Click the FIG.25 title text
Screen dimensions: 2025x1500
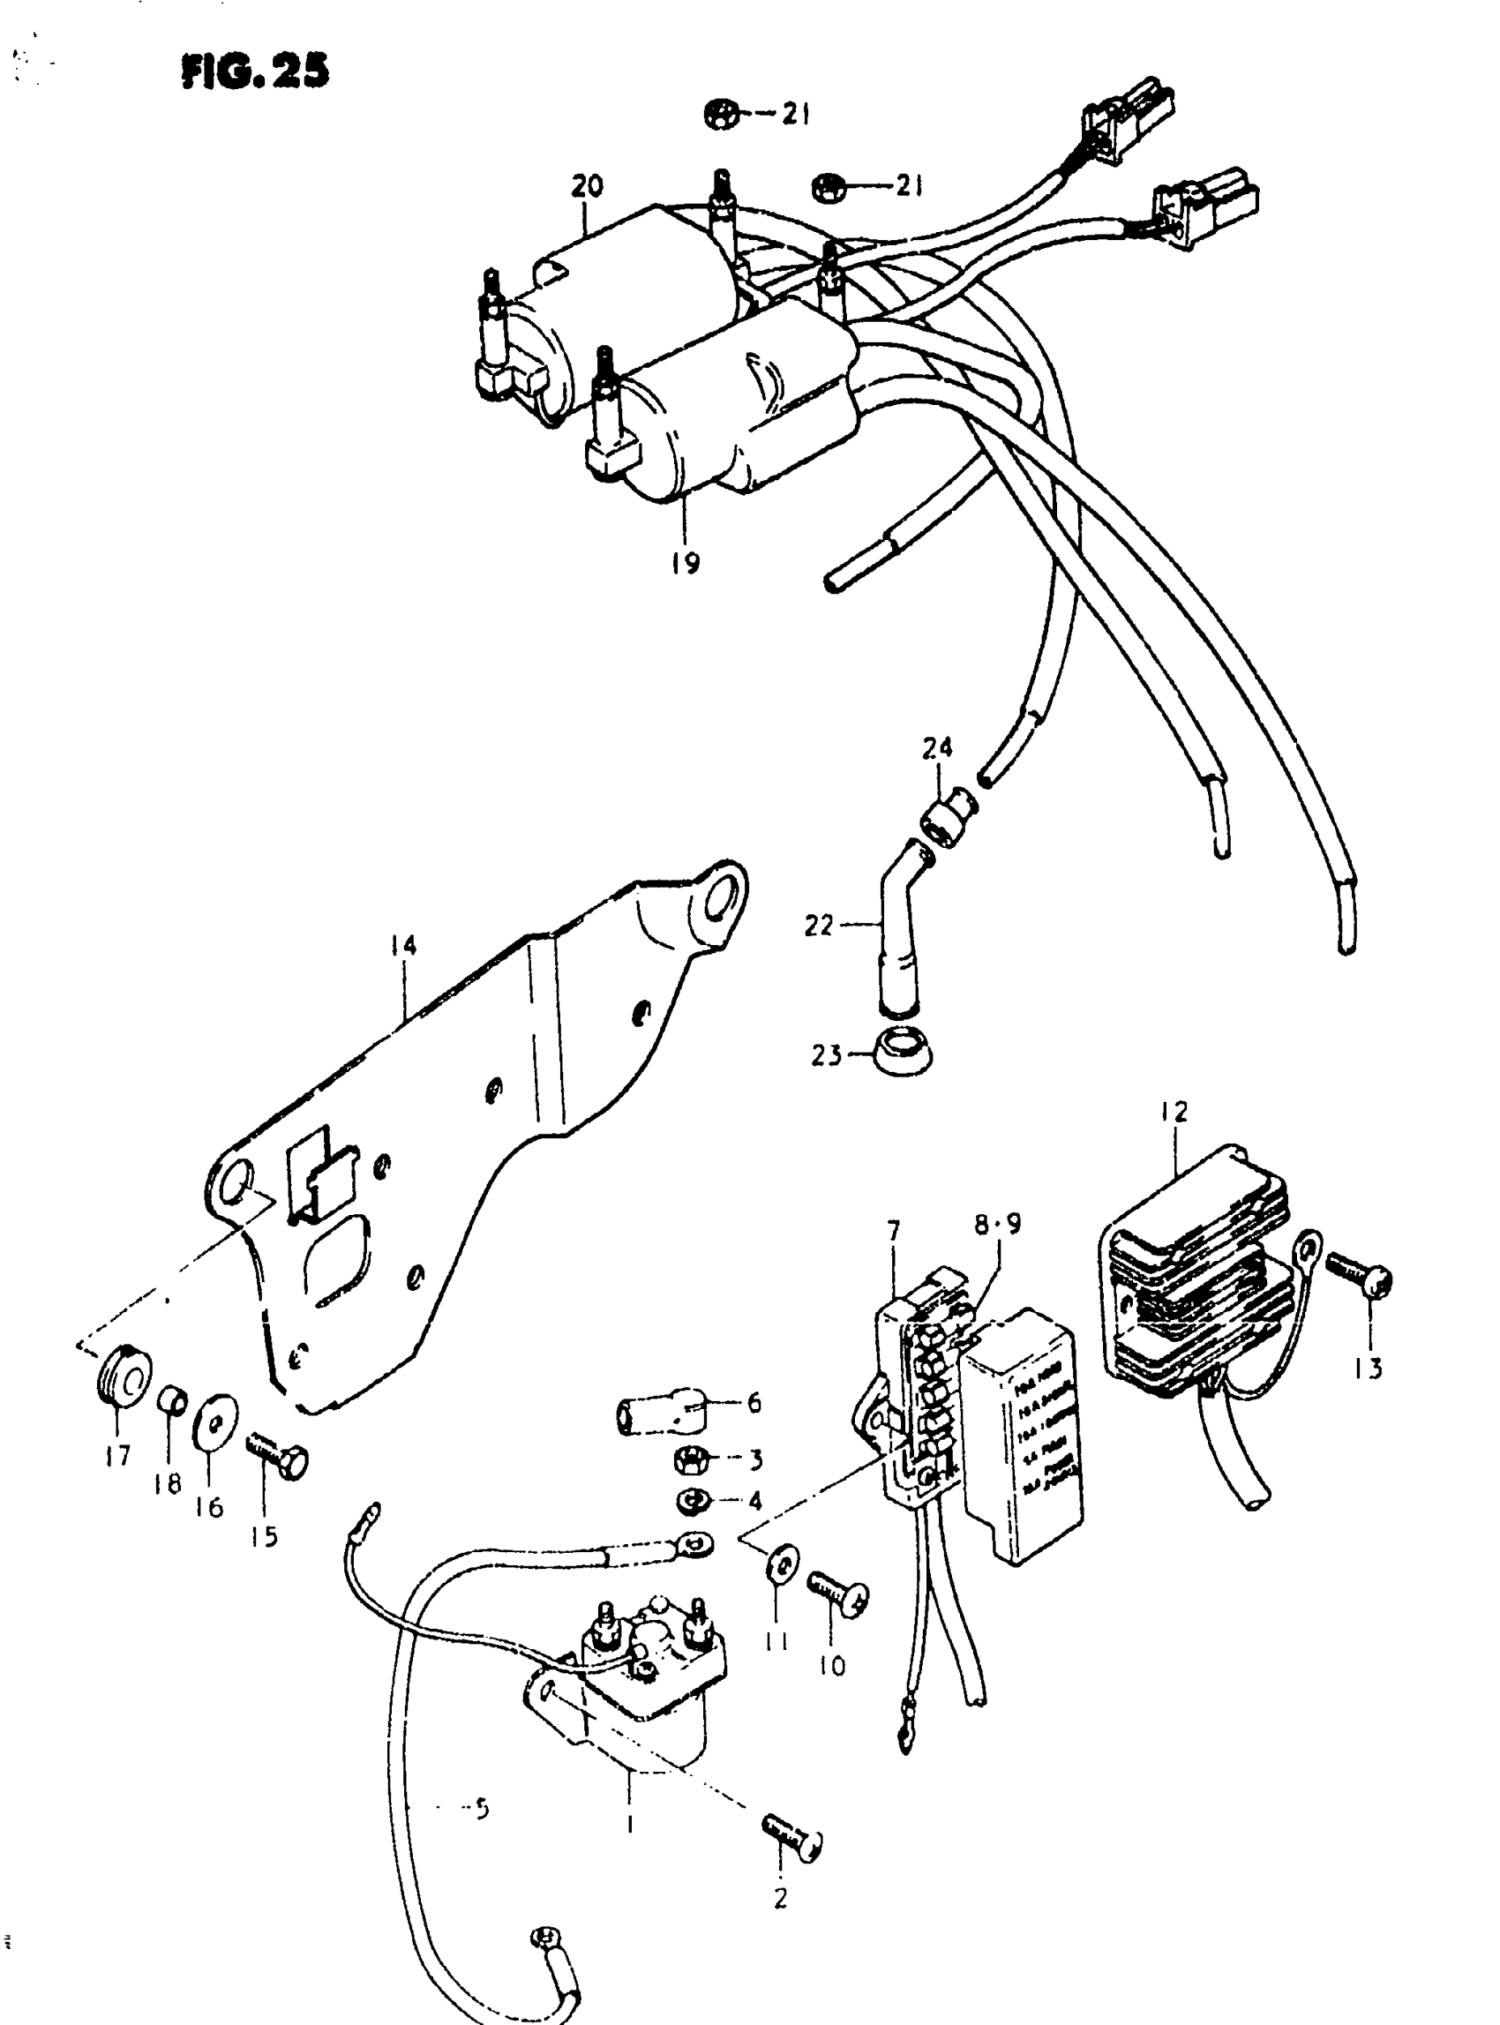255,71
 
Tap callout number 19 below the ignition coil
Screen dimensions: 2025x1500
686,563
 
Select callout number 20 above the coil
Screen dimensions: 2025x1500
587,186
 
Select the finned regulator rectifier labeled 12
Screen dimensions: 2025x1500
1194,1271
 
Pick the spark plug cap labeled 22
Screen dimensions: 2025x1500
895,935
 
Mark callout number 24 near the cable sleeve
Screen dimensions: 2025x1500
937,747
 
